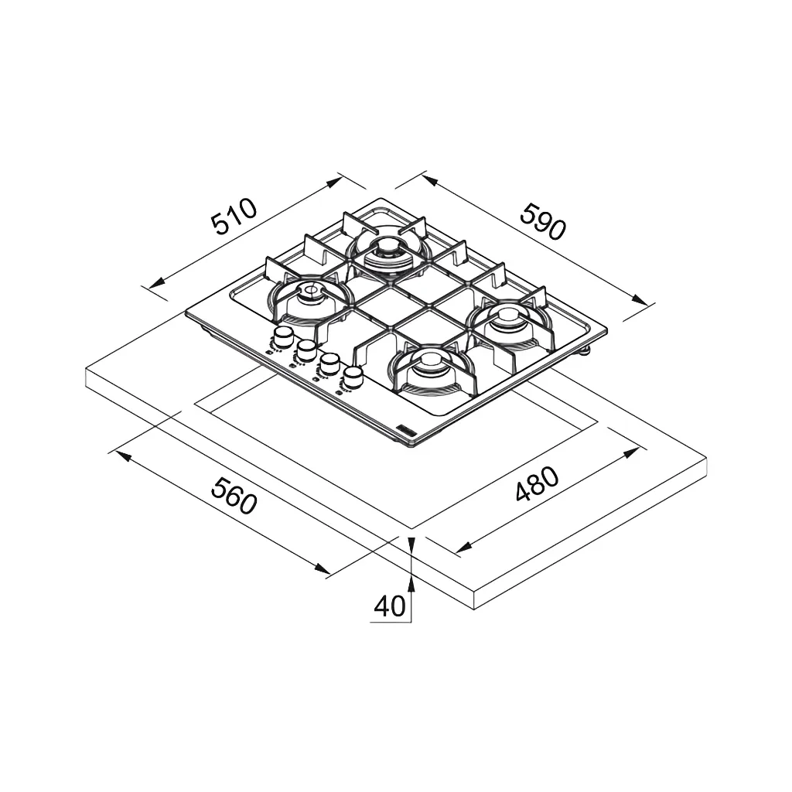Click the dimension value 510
tap(234, 217)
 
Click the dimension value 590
tap(543, 221)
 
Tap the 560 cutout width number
tap(234, 497)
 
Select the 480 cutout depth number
tap(538, 484)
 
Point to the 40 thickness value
tap(390, 606)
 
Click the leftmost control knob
tap(283, 336)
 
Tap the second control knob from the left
tap(306, 350)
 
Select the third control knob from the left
tap(329, 364)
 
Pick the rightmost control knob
tap(353, 377)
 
